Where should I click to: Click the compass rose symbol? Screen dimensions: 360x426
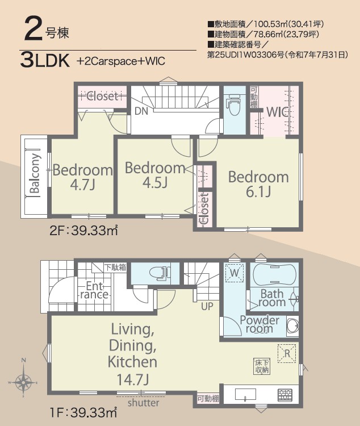coord(24,382)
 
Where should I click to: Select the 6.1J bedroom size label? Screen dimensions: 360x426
coord(258,192)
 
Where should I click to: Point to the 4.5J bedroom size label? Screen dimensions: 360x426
coord(155,182)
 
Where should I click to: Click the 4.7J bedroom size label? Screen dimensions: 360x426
coord(82,185)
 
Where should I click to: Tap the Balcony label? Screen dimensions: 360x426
coord(35,174)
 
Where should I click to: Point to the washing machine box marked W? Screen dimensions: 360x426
coord(234,273)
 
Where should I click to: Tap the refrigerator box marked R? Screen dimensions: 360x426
coord(287,353)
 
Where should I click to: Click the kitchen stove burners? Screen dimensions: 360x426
coord(285,395)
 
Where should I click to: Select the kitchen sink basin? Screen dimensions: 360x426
coord(245,395)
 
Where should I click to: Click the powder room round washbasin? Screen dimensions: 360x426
coord(293,325)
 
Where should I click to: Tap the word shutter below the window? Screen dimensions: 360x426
coord(143,403)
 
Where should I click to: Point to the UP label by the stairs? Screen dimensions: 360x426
coord(207,307)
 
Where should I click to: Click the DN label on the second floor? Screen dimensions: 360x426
coord(141,111)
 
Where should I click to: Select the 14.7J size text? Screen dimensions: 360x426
coord(133,379)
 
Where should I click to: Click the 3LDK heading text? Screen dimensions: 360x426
coord(45,61)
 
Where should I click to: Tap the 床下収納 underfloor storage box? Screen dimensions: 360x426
coord(262,366)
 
